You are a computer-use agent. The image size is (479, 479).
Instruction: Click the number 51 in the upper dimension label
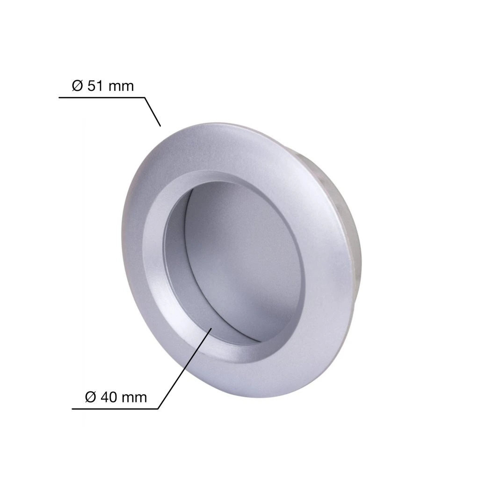[96, 86]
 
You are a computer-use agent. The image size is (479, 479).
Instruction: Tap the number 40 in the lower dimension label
[109, 398]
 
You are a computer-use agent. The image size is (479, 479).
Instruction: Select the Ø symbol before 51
[77, 86]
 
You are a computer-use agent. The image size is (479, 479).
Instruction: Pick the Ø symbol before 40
[90, 398]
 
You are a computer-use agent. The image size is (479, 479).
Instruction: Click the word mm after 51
[121, 87]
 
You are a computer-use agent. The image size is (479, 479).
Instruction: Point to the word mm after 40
[134, 399]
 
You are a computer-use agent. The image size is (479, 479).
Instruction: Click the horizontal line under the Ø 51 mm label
[102, 98]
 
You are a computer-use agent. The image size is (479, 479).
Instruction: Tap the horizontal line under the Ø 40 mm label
[115, 409]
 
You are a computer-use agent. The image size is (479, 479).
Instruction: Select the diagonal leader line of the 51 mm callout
[152, 112]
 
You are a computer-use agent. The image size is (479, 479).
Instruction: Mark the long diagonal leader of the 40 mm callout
[184, 369]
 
